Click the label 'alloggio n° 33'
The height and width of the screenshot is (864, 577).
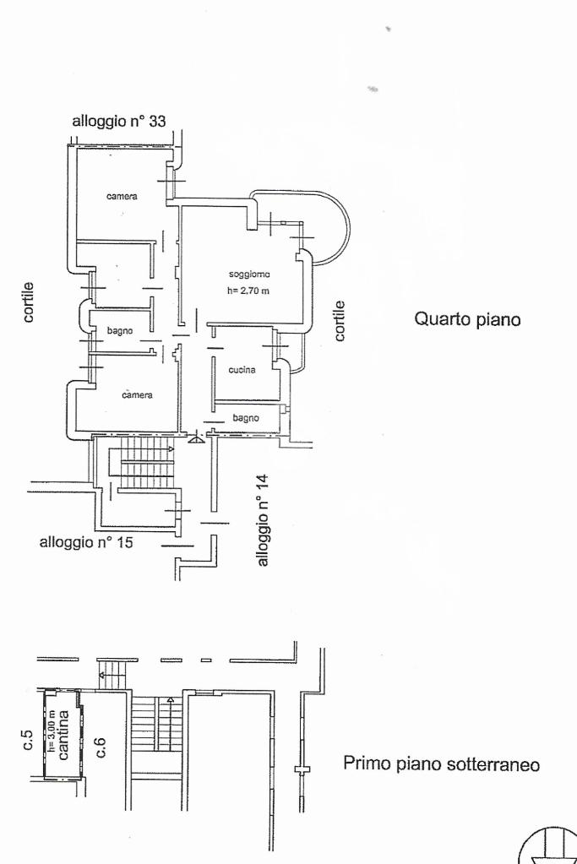(118, 121)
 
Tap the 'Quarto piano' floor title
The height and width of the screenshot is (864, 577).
(466, 320)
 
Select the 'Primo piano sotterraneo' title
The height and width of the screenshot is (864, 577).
(441, 764)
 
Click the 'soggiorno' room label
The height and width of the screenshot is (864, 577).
(248, 274)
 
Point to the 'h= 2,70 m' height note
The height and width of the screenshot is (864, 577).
(248, 291)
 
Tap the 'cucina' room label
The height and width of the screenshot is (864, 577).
(242, 370)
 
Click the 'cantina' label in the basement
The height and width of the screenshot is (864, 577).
(64, 736)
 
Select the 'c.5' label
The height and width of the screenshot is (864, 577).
(28, 742)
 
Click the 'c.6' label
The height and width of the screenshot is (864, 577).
(100, 747)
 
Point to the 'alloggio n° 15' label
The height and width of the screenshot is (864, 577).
(86, 542)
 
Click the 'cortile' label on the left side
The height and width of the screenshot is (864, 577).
(29, 302)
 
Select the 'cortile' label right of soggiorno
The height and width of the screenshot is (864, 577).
(340, 320)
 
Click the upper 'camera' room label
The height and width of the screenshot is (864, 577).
(122, 197)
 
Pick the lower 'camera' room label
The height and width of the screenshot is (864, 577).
(137, 395)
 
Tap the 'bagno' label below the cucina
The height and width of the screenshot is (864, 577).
(245, 417)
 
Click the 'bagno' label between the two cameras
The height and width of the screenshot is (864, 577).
(119, 331)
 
